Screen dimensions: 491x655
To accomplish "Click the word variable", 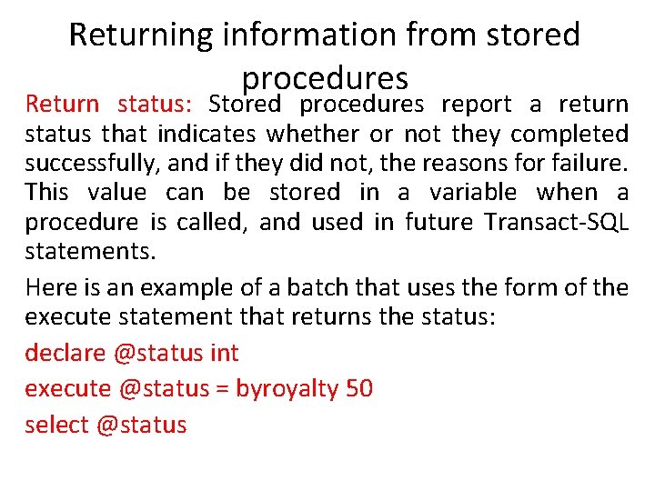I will coord(472,193).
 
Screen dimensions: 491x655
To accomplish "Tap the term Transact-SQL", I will coord(557,222).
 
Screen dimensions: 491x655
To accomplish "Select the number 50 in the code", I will coord(359,388).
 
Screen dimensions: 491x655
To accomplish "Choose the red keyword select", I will coord(55,425).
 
